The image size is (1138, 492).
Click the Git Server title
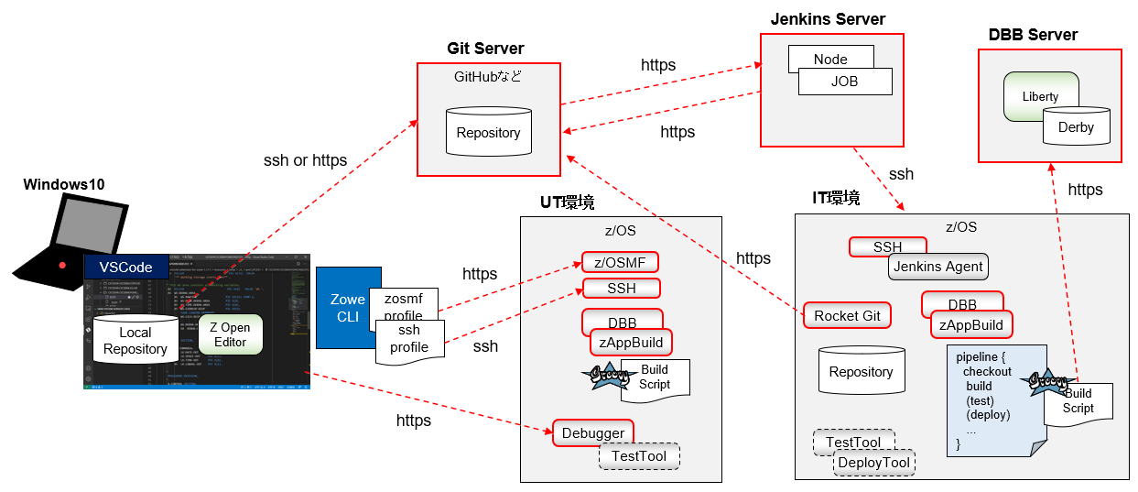pos(485,49)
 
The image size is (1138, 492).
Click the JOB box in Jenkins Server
pos(844,82)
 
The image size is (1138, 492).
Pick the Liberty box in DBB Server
pos(1040,96)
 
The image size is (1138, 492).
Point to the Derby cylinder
pos(1076,127)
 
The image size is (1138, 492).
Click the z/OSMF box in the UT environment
pos(620,263)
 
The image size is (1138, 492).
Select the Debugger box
pos(592,432)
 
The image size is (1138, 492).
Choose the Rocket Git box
pos(847,316)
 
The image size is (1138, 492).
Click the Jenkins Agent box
pos(938,267)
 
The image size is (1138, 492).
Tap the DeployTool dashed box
pos(873,464)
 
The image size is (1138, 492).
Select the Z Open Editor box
pos(230,335)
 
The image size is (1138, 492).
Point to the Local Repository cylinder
pos(135,341)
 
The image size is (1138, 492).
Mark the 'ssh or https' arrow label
pos(305,160)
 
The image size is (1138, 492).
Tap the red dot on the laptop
pos(62,266)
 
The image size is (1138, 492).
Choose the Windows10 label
pos(64,184)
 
